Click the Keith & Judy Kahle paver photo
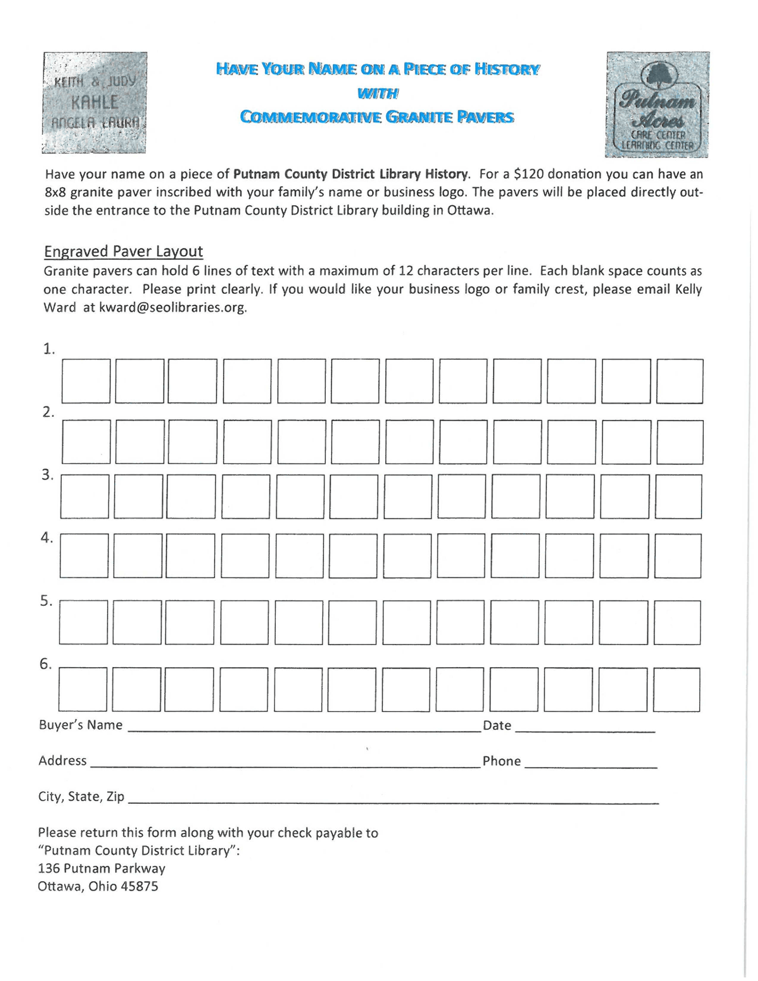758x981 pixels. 95,102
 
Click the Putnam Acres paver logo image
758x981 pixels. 657,104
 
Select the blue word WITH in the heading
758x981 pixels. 378,93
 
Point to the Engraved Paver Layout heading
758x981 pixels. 123,251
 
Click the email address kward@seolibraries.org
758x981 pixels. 172,308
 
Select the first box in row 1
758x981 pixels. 86,381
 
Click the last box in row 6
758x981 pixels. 677,690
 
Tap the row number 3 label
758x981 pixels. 48,475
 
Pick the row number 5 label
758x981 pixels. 46,600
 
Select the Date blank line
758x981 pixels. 584,727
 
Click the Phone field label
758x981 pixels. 501,761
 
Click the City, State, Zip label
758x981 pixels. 81,797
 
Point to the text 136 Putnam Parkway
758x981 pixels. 101,869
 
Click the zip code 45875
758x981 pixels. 140,886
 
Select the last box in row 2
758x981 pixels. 680,442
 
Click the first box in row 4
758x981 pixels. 84,556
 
